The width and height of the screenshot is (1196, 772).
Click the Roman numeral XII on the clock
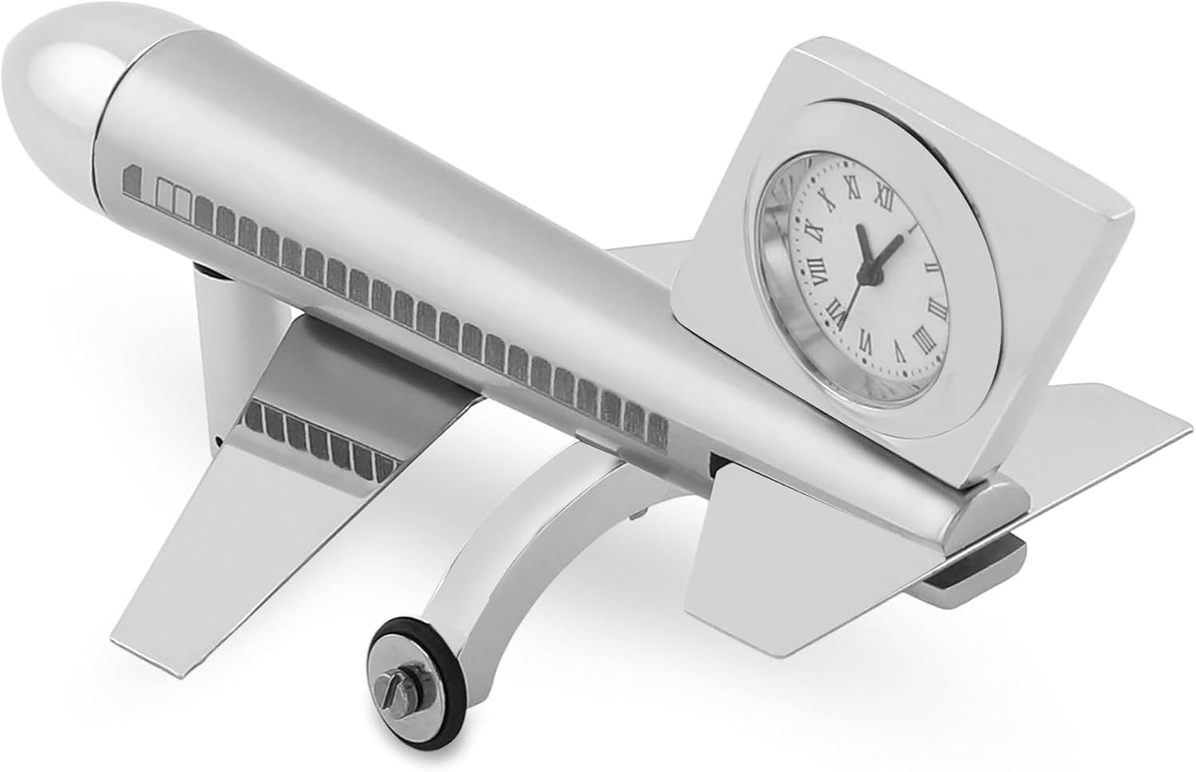coord(881,195)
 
